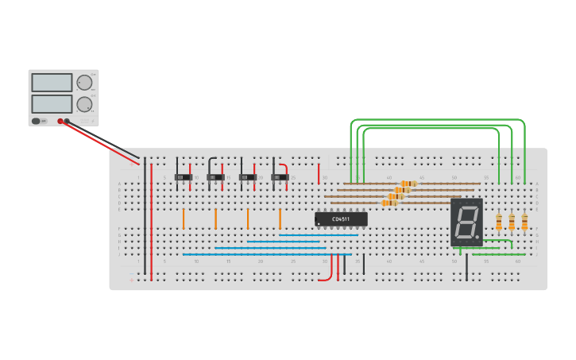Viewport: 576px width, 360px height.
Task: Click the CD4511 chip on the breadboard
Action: [x=341, y=219]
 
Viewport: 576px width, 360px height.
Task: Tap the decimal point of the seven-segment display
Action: [x=477, y=236]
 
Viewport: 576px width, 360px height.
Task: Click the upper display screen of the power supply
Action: [x=52, y=83]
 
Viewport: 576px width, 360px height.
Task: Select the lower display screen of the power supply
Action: [x=52, y=103]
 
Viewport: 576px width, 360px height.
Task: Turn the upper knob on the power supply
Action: [x=84, y=82]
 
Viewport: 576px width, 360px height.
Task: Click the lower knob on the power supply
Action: [x=84, y=104]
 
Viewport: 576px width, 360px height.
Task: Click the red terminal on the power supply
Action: [x=60, y=122]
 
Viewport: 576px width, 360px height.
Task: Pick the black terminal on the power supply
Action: [x=67, y=122]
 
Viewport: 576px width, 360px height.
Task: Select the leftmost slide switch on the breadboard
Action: [x=184, y=177]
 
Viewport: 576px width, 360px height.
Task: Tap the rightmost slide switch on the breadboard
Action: [x=279, y=177]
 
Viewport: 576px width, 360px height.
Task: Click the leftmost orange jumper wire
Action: [x=184, y=219]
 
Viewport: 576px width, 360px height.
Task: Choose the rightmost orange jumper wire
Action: [x=280, y=219]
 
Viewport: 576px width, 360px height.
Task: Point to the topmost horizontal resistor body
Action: [x=408, y=184]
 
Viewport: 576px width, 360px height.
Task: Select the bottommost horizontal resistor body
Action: [x=389, y=203]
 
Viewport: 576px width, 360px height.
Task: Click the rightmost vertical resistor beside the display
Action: [x=524, y=222]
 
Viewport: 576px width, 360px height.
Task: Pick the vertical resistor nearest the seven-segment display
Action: [x=499, y=222]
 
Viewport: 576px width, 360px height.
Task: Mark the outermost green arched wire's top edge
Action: [x=437, y=120]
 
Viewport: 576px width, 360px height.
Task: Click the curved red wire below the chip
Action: [x=327, y=277]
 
